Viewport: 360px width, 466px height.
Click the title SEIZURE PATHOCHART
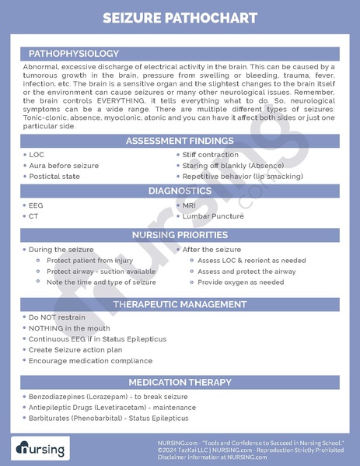click(180, 17)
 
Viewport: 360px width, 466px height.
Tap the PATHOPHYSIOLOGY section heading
click(73, 53)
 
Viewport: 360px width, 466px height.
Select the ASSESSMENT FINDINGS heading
click(180, 141)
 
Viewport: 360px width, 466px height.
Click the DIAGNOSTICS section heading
click(180, 191)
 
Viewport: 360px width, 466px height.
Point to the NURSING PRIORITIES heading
click(180, 234)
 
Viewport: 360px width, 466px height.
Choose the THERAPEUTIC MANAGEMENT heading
click(180, 303)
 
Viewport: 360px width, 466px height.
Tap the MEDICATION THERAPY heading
click(180, 382)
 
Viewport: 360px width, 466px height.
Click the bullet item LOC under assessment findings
click(37, 155)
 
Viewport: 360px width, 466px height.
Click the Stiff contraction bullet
click(211, 155)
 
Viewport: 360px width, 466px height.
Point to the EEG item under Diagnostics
click(37, 205)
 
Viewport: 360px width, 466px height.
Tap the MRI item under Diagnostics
click(190, 205)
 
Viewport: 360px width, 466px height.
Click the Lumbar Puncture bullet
click(212, 215)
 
